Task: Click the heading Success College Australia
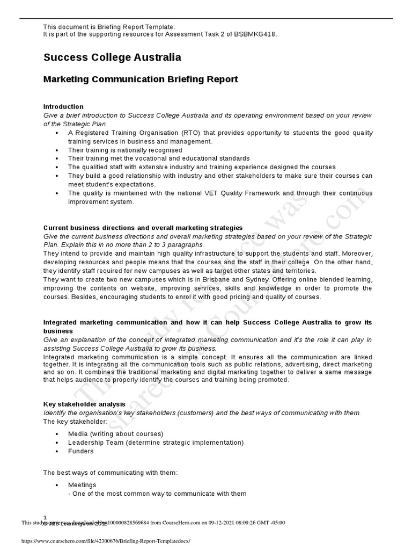[112, 57]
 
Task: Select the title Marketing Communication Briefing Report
[140, 79]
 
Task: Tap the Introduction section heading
[63, 107]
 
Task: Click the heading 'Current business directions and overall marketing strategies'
[143, 228]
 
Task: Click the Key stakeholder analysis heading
[84, 404]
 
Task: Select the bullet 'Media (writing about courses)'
[115, 433]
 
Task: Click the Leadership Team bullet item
[156, 443]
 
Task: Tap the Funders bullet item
[80, 451]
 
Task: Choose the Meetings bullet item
[82, 485]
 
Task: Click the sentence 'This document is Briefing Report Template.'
[109, 27]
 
